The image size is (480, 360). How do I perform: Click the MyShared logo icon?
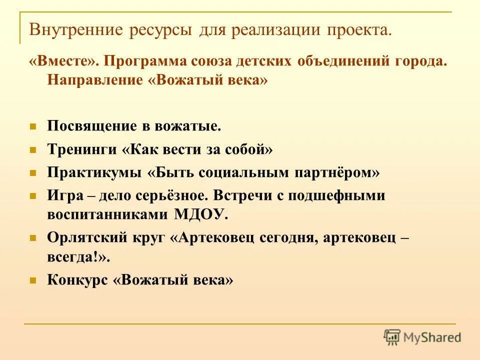tap(392, 336)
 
